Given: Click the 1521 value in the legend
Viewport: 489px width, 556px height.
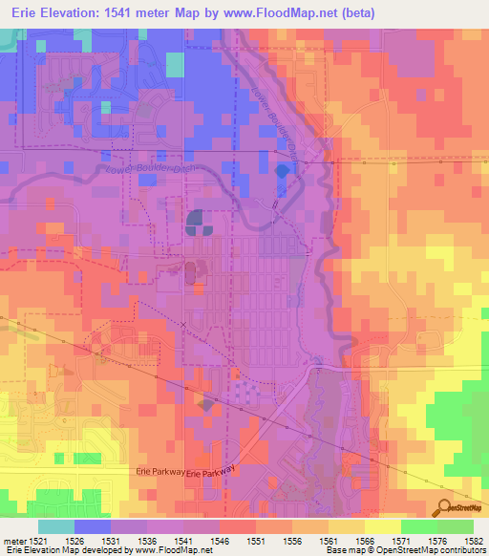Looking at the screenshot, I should click(x=28, y=541).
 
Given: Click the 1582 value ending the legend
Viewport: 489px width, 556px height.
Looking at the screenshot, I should click(x=475, y=541).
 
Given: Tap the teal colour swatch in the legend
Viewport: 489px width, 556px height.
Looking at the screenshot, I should click(x=56, y=526).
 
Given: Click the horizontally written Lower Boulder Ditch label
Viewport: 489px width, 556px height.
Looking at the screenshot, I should click(x=133, y=170).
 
